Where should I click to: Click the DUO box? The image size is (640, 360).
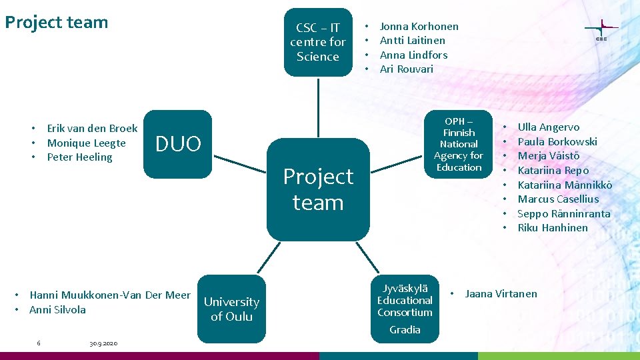point(177,144)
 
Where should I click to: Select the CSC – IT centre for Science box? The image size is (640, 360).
point(317,42)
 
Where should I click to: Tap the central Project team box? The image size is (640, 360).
point(318,189)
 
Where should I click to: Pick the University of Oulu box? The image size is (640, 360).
point(231,309)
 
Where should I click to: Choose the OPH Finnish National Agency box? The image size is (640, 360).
point(459,144)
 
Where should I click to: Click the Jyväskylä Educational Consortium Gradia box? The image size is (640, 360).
point(405,308)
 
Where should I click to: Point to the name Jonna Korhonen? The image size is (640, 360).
point(419,27)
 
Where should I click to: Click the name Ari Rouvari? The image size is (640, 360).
point(406,69)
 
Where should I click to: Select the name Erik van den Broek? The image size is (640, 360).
point(92,129)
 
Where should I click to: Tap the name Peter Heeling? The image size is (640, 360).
point(79,157)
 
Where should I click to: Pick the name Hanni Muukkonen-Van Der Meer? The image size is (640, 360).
point(110,295)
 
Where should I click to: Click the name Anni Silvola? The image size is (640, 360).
point(57,310)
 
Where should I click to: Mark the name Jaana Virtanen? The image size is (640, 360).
point(501,294)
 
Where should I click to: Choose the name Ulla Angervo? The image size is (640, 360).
point(548,127)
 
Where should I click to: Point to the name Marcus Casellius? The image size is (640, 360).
point(558,199)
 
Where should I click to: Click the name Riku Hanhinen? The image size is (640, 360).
point(553,228)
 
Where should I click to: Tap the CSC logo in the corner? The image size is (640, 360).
point(601,31)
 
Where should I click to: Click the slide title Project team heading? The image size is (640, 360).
point(57,23)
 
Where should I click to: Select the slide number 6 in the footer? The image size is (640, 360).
point(39,343)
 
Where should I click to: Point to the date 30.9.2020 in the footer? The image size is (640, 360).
point(103,343)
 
